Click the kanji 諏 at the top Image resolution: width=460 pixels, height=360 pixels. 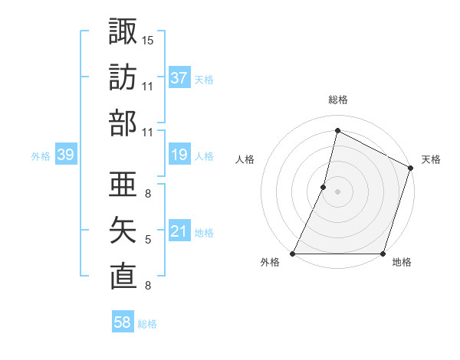[123, 31]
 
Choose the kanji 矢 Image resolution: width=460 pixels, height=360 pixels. [123, 231]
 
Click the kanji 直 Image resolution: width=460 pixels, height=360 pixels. [123, 277]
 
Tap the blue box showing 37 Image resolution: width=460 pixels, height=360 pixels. [179, 78]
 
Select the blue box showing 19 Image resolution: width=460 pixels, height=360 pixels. [179, 155]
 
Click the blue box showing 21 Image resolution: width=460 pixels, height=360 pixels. [179, 232]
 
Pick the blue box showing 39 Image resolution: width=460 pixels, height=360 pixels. [65, 155]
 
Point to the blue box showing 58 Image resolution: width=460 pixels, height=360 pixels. [123, 323]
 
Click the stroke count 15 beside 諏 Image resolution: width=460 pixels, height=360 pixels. [148, 39]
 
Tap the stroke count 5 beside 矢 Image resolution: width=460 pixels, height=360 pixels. [148, 240]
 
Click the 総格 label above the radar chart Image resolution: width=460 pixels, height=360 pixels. [337, 100]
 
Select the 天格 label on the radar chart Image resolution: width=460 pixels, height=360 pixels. [431, 160]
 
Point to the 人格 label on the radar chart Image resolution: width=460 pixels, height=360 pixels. [245, 160]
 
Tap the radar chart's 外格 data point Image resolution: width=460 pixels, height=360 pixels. [293, 254]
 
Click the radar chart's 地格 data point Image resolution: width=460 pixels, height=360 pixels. [383, 254]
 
